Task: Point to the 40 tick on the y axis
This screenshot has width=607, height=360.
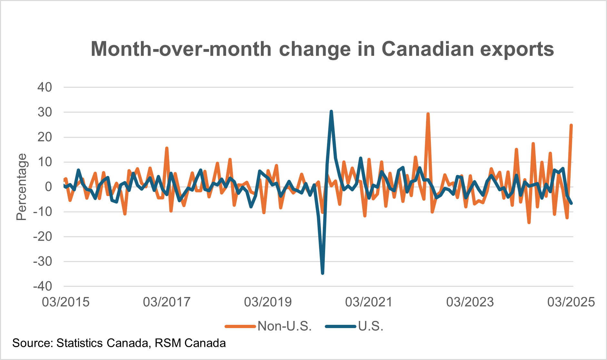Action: (x=45, y=87)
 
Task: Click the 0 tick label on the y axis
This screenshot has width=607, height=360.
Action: (x=48, y=187)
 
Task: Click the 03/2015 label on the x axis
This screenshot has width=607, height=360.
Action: (x=66, y=302)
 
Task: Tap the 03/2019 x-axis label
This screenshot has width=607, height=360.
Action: (x=268, y=302)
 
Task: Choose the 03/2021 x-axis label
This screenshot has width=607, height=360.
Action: (x=369, y=302)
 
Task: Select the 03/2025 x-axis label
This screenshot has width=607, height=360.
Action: (x=571, y=302)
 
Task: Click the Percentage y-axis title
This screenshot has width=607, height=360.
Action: (x=22, y=187)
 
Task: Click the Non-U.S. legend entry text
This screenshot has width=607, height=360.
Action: (x=284, y=326)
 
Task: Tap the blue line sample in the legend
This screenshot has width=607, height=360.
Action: (x=341, y=326)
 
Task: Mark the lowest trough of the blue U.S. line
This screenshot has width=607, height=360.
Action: (x=323, y=273)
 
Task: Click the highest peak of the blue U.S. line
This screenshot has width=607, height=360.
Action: (x=331, y=111)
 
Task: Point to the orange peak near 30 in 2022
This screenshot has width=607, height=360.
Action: (x=428, y=114)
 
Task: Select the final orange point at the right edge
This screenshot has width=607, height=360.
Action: (x=571, y=125)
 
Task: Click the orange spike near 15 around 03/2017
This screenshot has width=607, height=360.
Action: (x=167, y=148)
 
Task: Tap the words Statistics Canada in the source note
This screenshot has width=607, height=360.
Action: (x=102, y=343)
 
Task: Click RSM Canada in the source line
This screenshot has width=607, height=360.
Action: (x=190, y=343)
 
